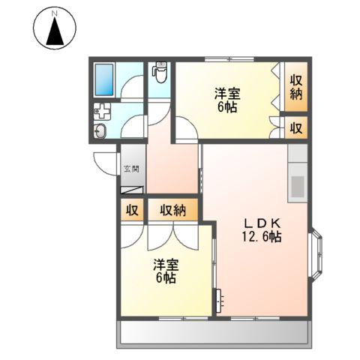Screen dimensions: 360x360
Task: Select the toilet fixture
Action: [x=159, y=73]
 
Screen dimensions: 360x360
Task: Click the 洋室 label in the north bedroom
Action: [x=227, y=94]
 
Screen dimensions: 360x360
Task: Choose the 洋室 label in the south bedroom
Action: [x=166, y=265]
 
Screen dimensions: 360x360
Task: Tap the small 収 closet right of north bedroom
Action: [x=296, y=127]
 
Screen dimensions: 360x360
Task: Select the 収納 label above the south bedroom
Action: [x=172, y=210]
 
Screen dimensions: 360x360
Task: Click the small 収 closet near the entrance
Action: [x=132, y=210]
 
